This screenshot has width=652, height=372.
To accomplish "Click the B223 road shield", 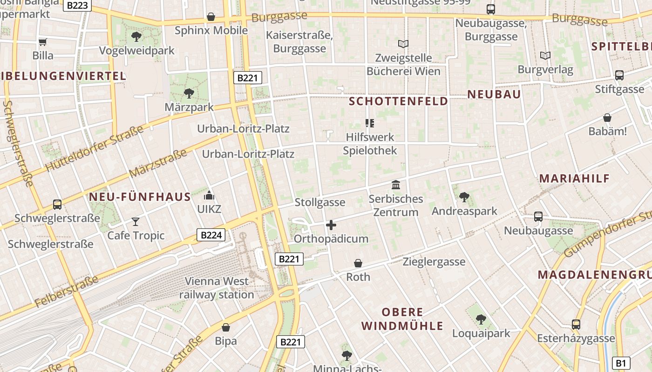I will point(77,6).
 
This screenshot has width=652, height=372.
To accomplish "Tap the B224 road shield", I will point(211,235).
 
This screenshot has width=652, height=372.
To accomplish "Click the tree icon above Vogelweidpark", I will point(136,36).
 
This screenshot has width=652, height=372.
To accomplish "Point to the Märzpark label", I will point(189,107).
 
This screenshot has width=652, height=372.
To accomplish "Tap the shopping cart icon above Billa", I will point(43,42).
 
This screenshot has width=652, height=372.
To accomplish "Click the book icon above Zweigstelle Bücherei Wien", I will point(403,44).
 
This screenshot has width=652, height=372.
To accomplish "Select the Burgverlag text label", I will point(545,70).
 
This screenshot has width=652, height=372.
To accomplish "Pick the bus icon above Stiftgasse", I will point(619,75).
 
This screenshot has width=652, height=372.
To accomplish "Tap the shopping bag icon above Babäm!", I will point(607,118).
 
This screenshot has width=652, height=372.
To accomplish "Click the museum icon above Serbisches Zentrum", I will point(396,185).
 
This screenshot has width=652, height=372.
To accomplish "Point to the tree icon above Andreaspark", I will point(464,197).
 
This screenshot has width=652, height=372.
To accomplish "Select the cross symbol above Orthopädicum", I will point(331,225).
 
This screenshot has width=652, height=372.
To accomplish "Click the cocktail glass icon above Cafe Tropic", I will point(136,221).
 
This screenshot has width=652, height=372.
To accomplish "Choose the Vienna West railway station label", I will point(217,288).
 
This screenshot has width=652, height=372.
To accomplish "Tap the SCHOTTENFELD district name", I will point(398,101).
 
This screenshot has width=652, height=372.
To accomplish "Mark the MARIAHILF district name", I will point(574,178).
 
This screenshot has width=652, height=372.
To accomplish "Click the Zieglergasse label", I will point(434,262).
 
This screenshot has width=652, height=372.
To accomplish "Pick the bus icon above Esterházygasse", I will point(576,324).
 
